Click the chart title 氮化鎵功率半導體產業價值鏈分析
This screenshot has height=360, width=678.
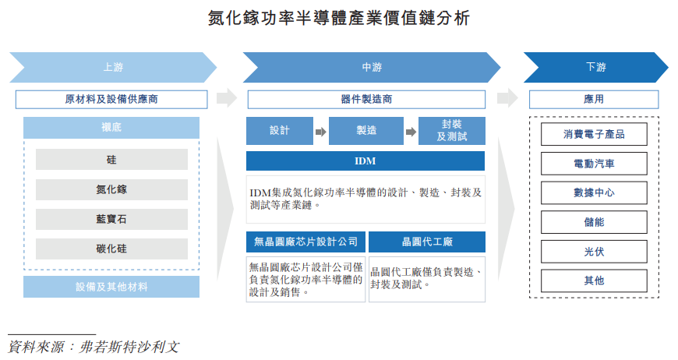(x=339, y=17)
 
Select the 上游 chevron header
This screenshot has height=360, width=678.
(x=112, y=67)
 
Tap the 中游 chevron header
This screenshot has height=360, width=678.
(x=372, y=67)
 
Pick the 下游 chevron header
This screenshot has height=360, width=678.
(x=595, y=67)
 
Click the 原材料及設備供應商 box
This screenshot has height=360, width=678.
(x=111, y=100)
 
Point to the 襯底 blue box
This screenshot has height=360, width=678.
(x=111, y=128)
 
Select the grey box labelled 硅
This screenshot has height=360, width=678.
(x=111, y=160)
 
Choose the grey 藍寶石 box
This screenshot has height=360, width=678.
(x=111, y=220)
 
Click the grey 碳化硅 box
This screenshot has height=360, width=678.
(x=111, y=249)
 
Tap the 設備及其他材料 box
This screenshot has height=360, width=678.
(x=111, y=287)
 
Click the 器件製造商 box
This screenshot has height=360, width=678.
(x=365, y=100)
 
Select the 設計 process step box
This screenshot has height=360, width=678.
(x=279, y=131)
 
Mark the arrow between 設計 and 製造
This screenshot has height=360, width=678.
(x=320, y=132)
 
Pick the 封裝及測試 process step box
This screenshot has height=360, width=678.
(x=452, y=131)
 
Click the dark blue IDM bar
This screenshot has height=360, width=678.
(x=365, y=161)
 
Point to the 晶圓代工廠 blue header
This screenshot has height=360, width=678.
(x=427, y=242)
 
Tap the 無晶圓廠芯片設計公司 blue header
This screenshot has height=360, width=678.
(x=305, y=242)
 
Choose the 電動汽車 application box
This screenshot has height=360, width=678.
(x=594, y=164)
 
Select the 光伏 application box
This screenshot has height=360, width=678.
(x=594, y=251)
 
